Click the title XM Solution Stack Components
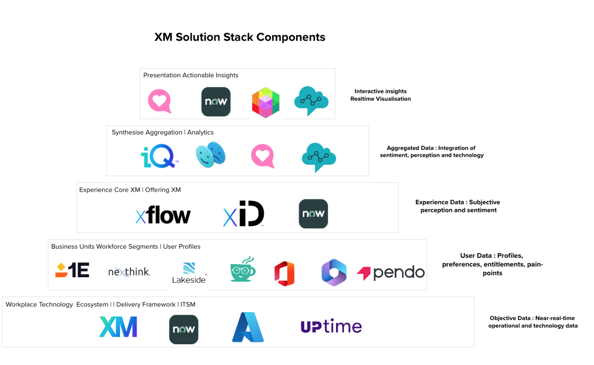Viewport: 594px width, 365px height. [x=240, y=37]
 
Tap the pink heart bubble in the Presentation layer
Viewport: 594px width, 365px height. [x=159, y=101]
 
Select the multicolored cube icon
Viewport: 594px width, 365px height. [x=266, y=102]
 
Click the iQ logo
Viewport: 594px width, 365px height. [x=160, y=156]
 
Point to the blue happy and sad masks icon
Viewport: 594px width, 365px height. [x=210, y=155]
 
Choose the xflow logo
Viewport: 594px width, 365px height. [x=163, y=215]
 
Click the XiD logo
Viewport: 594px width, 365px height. [x=244, y=213]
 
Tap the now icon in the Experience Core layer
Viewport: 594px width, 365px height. [x=313, y=214]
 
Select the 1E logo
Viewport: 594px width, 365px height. [x=72, y=270]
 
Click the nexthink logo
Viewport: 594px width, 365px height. [x=129, y=272]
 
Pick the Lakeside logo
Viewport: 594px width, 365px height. [x=189, y=273]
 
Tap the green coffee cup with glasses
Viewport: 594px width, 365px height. [x=243, y=269]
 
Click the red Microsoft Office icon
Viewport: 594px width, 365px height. [x=284, y=273]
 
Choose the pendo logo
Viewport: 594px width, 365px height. [x=391, y=272]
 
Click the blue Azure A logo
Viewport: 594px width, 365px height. [x=248, y=327]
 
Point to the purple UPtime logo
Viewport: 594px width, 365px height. [x=331, y=326]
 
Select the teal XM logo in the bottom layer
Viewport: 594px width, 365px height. [x=118, y=327]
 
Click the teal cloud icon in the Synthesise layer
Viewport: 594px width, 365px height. [x=319, y=157]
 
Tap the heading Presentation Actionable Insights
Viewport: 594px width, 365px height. [x=191, y=75]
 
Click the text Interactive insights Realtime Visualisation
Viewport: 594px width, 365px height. [x=380, y=95]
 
